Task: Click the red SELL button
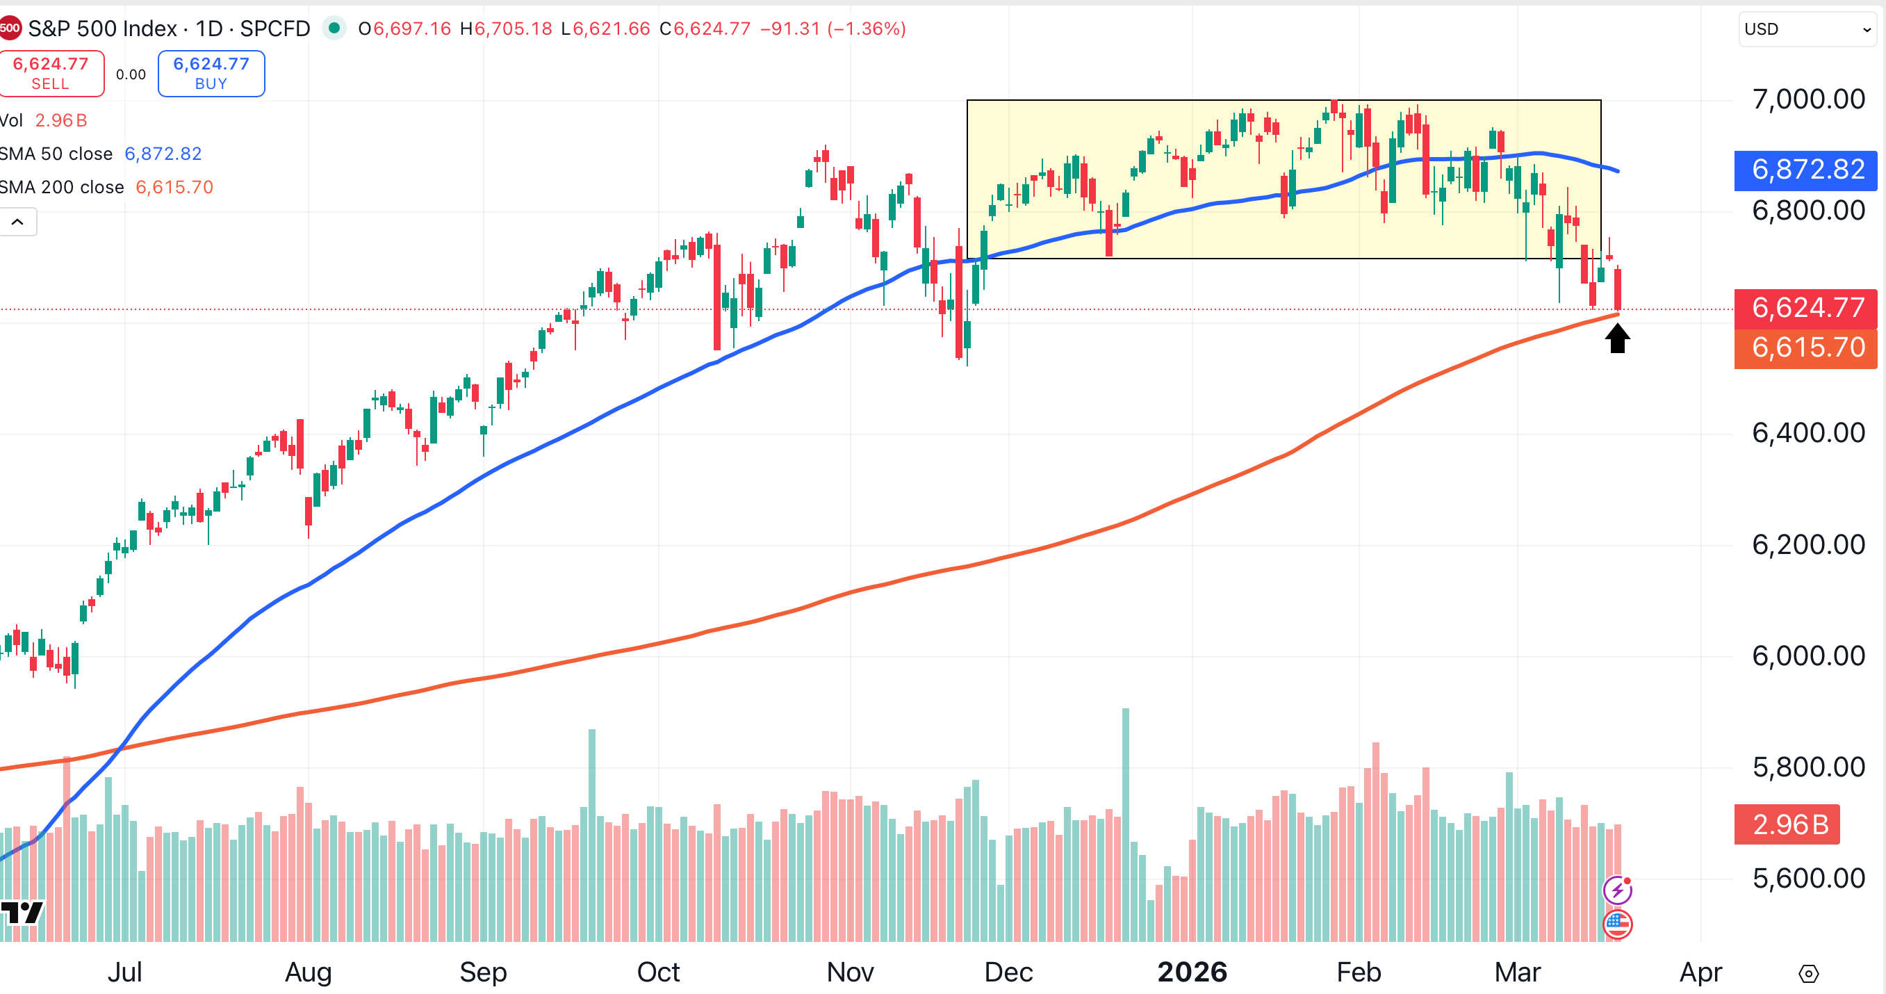pos(51,73)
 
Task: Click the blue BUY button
pos(211,73)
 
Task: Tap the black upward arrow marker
pos(1616,339)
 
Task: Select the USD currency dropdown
pos(1807,29)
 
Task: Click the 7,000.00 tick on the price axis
pos(1807,99)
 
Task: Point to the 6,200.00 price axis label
pos(1807,545)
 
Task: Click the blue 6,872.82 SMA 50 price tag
pos(1805,170)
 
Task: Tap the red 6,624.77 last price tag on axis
pos(1805,309)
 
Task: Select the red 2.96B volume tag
pos(1787,825)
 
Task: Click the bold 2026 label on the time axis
pos(1192,972)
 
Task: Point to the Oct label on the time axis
pos(658,972)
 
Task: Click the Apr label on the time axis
pos(1700,972)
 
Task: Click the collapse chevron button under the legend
pos(17,222)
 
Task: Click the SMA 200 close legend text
pos(63,188)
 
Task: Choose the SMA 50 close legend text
pos(56,154)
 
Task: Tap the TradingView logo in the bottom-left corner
pos(22,913)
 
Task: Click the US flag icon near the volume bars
pos(1617,924)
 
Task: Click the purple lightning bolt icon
pos(1617,890)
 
